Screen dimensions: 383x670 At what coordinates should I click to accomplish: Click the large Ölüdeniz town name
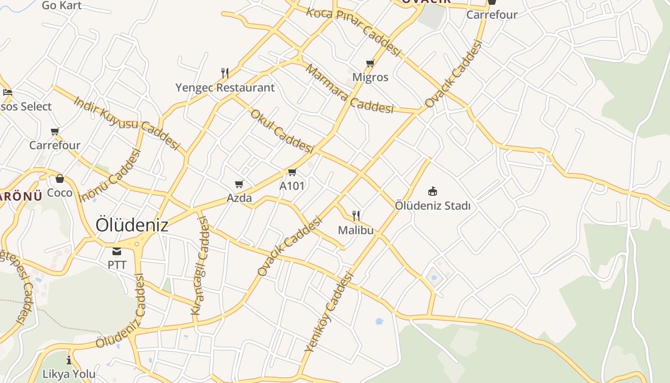[x=132, y=225]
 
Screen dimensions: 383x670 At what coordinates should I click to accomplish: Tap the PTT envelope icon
[x=117, y=251]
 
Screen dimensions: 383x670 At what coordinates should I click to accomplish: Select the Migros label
[x=370, y=77]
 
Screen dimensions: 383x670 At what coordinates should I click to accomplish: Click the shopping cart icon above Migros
[x=370, y=64]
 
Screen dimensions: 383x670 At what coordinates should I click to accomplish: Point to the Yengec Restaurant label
[x=225, y=88]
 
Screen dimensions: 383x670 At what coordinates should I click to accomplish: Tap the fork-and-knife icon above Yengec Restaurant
[x=225, y=73]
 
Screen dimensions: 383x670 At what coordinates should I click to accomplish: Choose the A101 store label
[x=292, y=186]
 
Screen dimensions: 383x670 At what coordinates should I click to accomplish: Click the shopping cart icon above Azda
[x=239, y=184]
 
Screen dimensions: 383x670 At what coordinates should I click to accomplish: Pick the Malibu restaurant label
[x=356, y=230]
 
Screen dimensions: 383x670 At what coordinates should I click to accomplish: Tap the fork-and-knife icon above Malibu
[x=356, y=216]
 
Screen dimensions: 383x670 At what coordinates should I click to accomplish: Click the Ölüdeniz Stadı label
[x=433, y=206]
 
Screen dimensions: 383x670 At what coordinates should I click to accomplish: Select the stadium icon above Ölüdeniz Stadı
[x=433, y=191]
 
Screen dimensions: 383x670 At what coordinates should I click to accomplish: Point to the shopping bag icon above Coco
[x=60, y=179]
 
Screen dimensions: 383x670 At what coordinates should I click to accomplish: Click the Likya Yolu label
[x=69, y=374]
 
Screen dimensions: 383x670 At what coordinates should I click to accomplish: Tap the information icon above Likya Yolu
[x=69, y=360]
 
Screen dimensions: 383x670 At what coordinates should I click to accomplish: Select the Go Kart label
[x=62, y=6]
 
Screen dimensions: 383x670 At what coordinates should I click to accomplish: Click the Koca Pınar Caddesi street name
[x=353, y=31]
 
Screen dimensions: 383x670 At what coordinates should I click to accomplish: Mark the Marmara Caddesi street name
[x=349, y=90]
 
